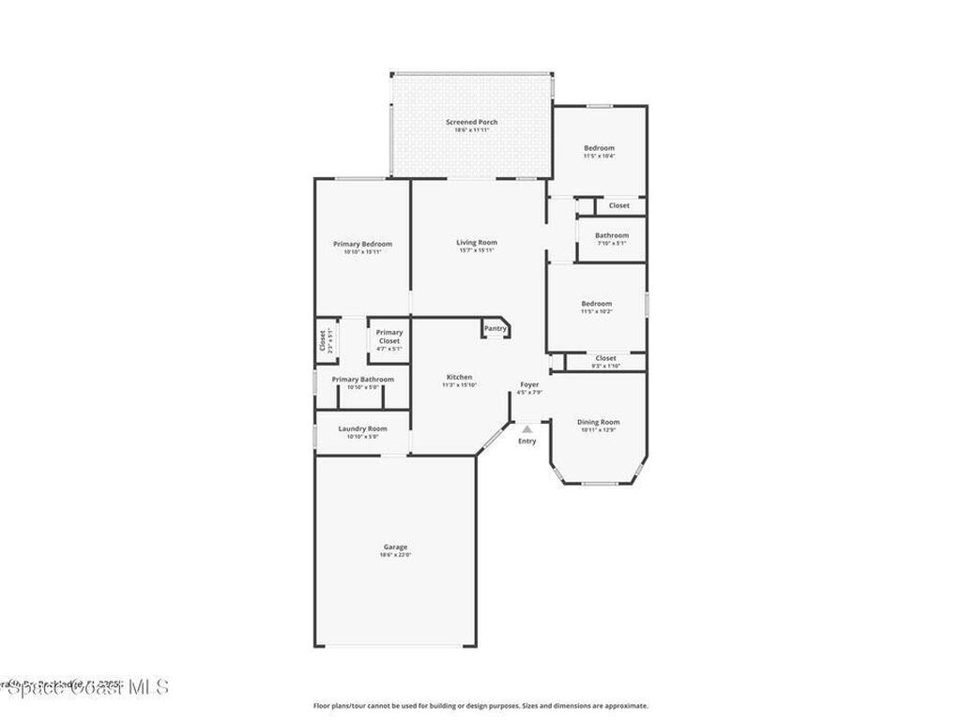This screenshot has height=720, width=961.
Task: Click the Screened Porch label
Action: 471,122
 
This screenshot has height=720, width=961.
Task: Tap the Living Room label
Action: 478,242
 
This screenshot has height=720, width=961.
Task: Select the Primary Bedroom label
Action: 362,244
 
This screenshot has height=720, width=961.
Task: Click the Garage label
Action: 395,547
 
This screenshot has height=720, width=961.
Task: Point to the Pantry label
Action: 495,329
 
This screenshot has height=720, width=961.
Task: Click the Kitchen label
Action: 459,377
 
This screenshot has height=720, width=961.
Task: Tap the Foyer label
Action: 529,384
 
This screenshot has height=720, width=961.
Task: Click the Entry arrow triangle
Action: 527,428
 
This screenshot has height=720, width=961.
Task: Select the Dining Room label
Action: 598,422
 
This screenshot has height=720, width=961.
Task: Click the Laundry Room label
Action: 362,428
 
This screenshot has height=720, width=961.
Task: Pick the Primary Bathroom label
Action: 362,379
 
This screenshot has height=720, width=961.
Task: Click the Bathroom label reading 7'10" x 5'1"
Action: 612,235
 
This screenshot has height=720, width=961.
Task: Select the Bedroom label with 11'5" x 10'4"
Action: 599,148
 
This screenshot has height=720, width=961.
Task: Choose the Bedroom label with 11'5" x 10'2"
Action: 596,304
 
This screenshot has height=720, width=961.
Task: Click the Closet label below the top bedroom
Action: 619,205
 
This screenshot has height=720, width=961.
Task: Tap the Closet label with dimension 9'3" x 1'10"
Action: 606,358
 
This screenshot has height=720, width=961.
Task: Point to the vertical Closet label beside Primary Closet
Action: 322,339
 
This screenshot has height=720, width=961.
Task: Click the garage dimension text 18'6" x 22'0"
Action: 395,555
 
